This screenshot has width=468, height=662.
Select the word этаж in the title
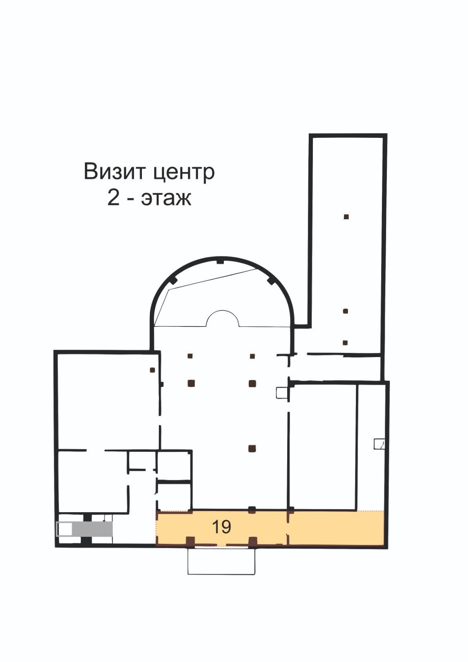(x=166, y=199)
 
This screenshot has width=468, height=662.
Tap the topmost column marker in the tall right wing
(x=346, y=217)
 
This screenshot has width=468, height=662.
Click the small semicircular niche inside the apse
(x=222, y=319)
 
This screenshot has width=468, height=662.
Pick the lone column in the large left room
(x=153, y=370)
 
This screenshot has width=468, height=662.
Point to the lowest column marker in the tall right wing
(x=345, y=343)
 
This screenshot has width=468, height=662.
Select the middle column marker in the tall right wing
(x=345, y=311)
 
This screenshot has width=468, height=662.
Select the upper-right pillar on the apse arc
(x=271, y=280)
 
